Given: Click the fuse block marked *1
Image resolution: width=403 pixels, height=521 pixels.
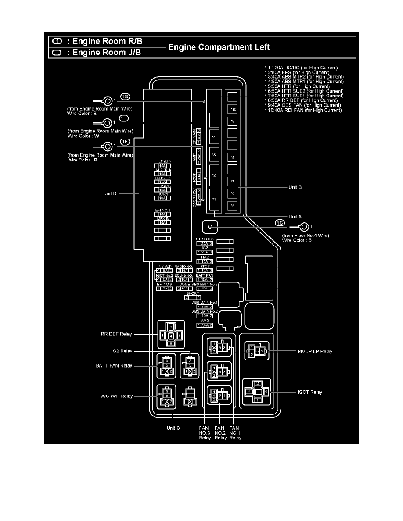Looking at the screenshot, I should coord(214,200).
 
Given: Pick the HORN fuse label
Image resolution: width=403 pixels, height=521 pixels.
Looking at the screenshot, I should coord(162,193).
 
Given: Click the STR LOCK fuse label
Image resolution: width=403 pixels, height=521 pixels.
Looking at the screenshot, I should coord(205,239).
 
